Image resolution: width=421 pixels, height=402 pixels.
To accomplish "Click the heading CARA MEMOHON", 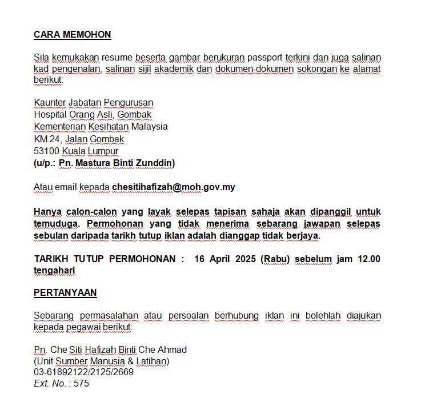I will pos(72,34).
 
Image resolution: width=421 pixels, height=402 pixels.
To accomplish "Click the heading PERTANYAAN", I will pos(65,292).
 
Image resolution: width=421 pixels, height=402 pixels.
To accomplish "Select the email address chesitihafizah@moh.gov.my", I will pos(174,187).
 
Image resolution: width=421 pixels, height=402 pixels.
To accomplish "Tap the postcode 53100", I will pos(46,151).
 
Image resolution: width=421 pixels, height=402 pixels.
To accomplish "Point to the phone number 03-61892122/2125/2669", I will pos(83,372).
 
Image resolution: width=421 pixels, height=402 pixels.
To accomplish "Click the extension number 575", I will pos(81,383).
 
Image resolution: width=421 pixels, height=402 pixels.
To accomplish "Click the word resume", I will pos(117,57).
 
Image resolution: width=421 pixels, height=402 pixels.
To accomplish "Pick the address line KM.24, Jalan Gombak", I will pos(79,139).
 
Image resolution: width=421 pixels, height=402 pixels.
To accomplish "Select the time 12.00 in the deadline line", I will pos(368,259).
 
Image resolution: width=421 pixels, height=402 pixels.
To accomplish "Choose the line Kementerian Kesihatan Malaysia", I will pos(101,126).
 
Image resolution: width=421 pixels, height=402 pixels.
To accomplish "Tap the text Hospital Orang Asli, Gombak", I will pos(93,114).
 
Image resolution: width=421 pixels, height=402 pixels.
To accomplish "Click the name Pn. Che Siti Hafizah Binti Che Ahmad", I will pos(110,349).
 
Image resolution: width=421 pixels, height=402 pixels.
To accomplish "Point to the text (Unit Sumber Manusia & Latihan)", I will pos(102,361).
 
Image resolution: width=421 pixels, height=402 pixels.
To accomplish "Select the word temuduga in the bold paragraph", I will pos(53,223).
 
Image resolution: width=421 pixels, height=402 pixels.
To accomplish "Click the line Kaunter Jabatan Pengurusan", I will pos(93,103).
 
